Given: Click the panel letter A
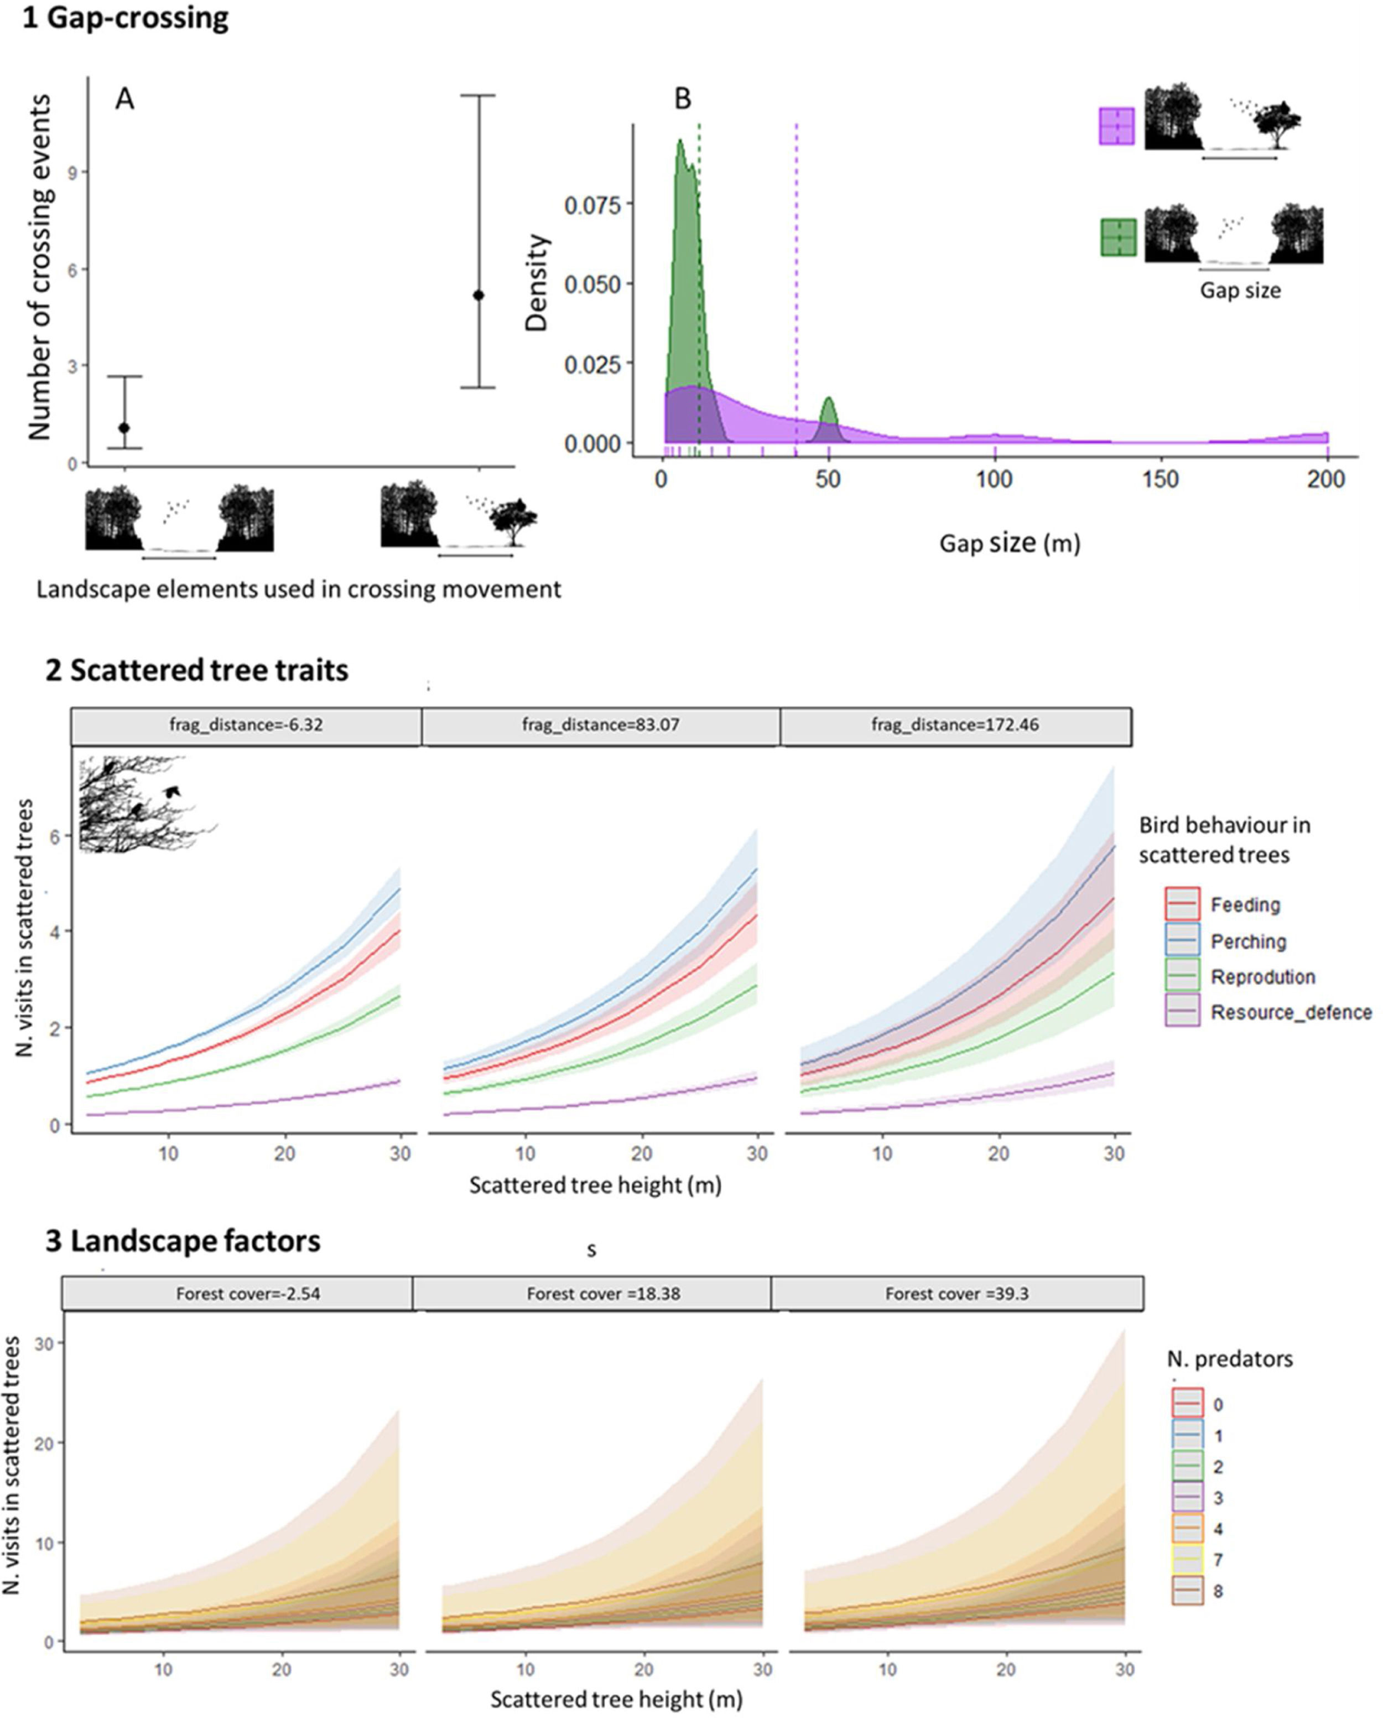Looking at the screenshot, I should click(x=124, y=99).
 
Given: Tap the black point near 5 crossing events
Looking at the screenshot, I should click(x=479, y=296).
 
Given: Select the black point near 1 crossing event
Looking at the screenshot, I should click(x=124, y=428).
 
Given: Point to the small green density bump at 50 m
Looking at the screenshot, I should click(x=829, y=410).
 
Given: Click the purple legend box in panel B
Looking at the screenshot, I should click(x=1116, y=127).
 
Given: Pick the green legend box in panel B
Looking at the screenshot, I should click(x=1117, y=237).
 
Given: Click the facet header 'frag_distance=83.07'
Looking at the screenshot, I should click(x=601, y=725).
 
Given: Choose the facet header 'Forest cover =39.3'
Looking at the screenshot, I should click(x=957, y=1293).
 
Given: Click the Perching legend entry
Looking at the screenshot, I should click(x=1247, y=941).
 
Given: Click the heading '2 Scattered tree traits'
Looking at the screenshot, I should click(x=197, y=670).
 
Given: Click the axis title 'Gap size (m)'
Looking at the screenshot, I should click(x=1010, y=544).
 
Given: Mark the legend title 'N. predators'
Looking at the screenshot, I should click(x=1229, y=1359).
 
